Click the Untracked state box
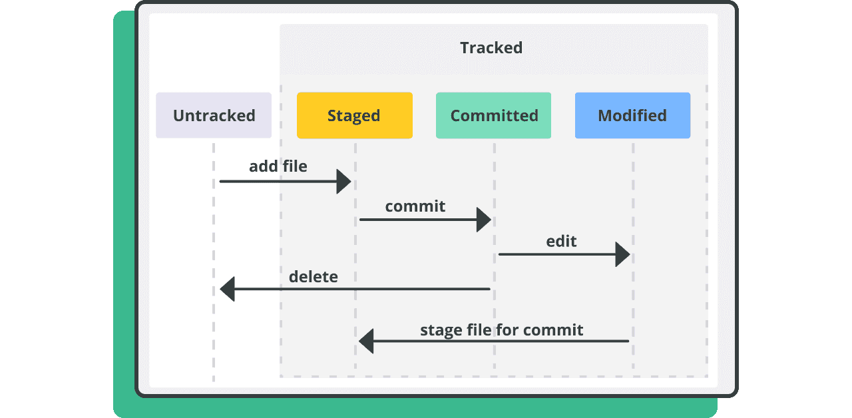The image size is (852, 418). [x=214, y=115]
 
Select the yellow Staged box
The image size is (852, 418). [x=355, y=115]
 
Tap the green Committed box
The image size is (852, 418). [x=493, y=115]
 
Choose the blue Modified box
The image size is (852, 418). [x=632, y=115]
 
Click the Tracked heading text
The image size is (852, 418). [x=491, y=48]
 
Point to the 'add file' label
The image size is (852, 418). [x=278, y=166]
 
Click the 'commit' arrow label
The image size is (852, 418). [x=415, y=206]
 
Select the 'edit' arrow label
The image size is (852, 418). [x=561, y=241]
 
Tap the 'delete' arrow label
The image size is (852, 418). [x=314, y=276]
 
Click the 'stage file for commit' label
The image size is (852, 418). [x=501, y=330]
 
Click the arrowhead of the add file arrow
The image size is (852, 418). [x=344, y=182]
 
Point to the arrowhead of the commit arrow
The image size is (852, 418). [x=484, y=220]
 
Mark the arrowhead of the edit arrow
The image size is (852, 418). [x=622, y=254]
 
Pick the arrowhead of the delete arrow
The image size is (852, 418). [x=228, y=289]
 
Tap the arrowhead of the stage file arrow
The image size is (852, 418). [x=366, y=341]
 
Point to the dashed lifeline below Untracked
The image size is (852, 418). [x=214, y=262]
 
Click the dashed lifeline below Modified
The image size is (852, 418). [x=633, y=256]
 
